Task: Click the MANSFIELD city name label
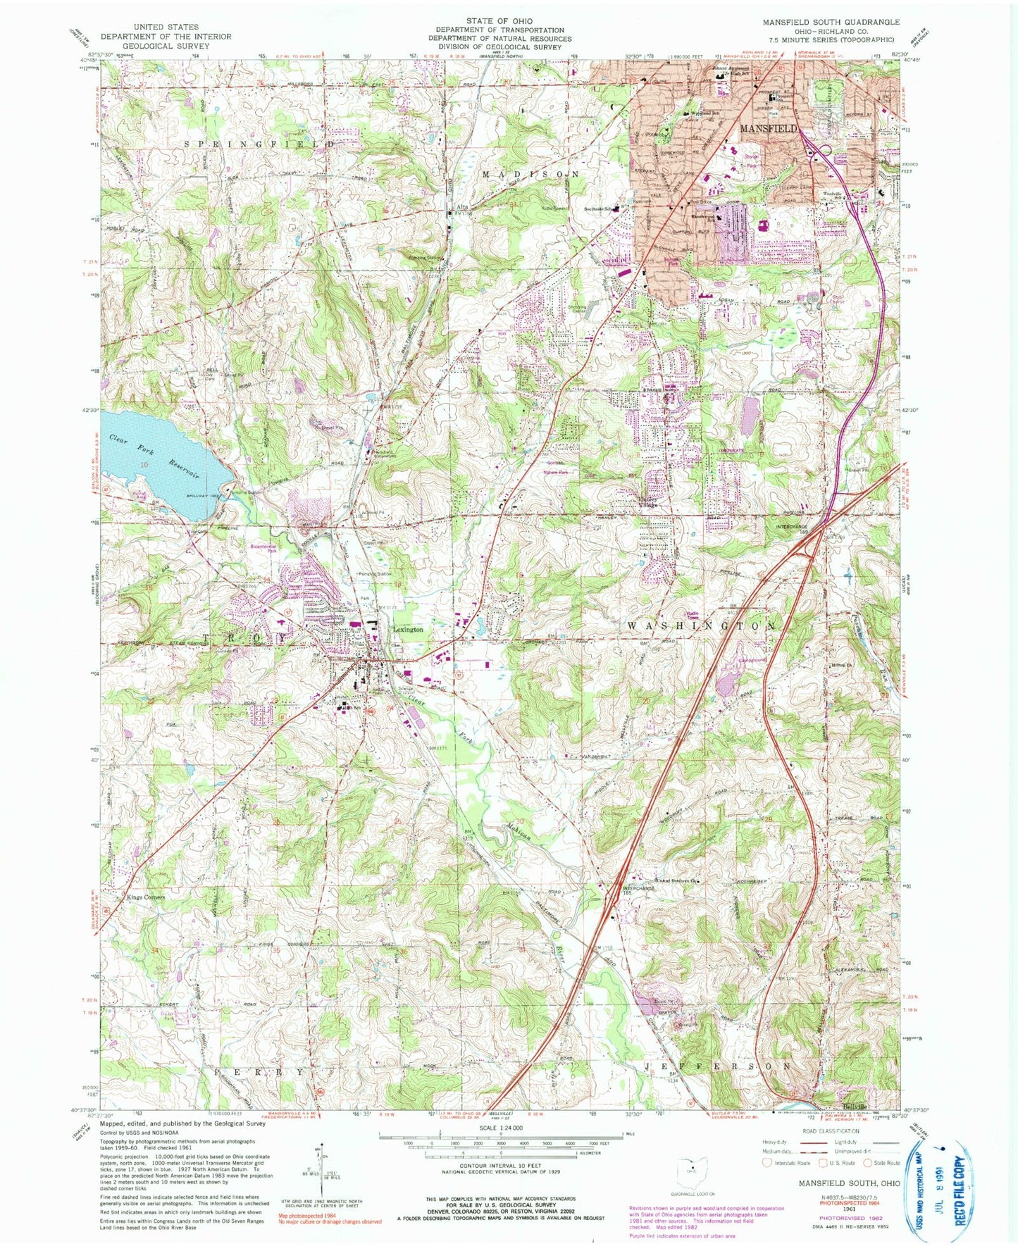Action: tap(768, 129)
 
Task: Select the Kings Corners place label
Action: tap(146, 897)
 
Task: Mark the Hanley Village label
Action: tap(647, 502)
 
